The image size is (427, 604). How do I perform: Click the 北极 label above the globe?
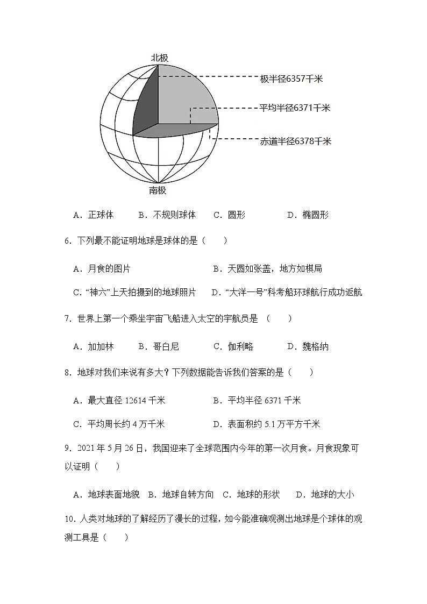159,58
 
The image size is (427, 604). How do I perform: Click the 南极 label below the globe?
158,190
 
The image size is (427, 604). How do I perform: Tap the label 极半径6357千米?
291,79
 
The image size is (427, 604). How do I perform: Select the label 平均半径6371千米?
295,108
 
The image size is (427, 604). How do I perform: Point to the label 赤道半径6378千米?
295,141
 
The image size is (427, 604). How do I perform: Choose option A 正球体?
94,215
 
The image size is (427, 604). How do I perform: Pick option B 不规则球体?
167,215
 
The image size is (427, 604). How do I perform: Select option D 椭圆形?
308,215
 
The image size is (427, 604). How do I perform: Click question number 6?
68,241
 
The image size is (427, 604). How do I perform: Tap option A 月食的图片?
102,268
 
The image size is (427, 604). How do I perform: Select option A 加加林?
94,346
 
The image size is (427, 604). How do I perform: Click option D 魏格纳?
308,346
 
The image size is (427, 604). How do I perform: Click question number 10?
69,519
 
